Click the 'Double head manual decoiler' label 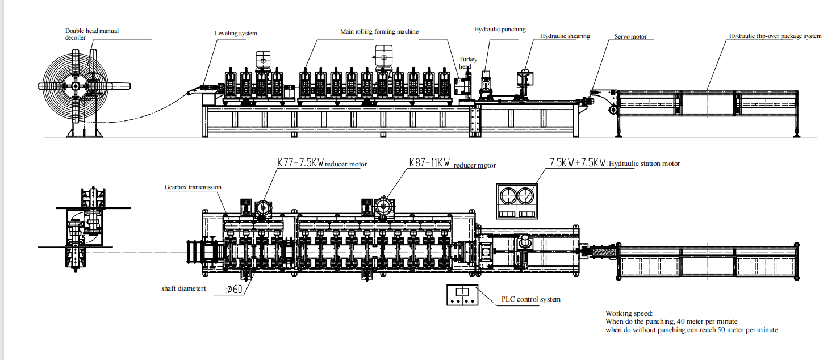coord(91,34)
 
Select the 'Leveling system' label coord(236,34)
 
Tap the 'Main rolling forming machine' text coord(379,31)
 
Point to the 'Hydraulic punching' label coord(500,30)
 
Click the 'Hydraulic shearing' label coord(565,36)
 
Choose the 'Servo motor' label coord(630,36)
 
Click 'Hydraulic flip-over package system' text coord(775,36)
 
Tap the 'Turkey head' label coord(468,63)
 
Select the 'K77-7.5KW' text coord(300,164)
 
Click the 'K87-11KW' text coord(430,163)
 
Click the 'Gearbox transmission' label coord(193,187)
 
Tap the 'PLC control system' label coord(530,299)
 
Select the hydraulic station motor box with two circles coord(516,200)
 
